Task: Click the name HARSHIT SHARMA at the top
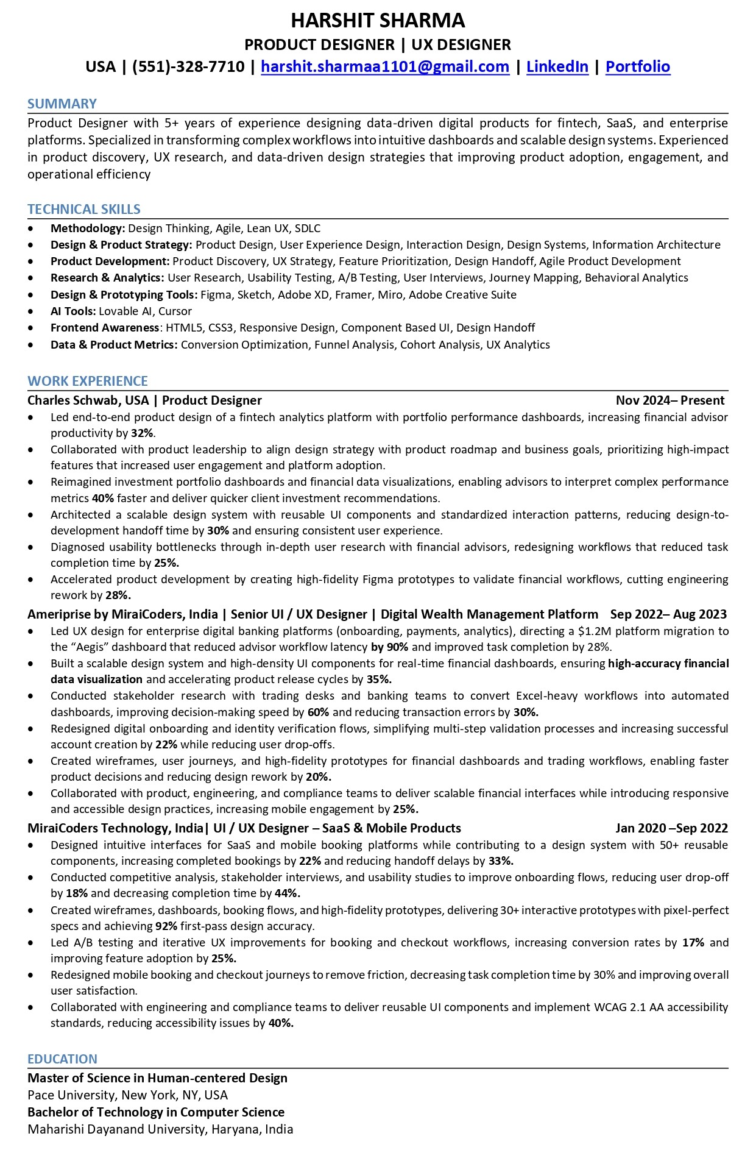point(378,21)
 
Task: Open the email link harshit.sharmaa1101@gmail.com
point(385,66)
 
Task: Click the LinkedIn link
point(557,66)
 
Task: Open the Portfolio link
point(637,66)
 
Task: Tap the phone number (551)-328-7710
point(188,66)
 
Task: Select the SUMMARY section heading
point(62,104)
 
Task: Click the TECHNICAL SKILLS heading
point(84,209)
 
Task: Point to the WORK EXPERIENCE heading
point(88,381)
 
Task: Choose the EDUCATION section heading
point(62,1059)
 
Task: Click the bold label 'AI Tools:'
point(73,311)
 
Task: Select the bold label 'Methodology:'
point(88,229)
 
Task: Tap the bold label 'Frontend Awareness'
point(105,328)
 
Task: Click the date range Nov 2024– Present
point(669,400)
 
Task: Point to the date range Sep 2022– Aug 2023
point(668,614)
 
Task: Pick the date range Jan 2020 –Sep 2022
point(671,828)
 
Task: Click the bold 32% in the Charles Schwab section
point(142,433)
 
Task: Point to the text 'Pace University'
point(71,1095)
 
